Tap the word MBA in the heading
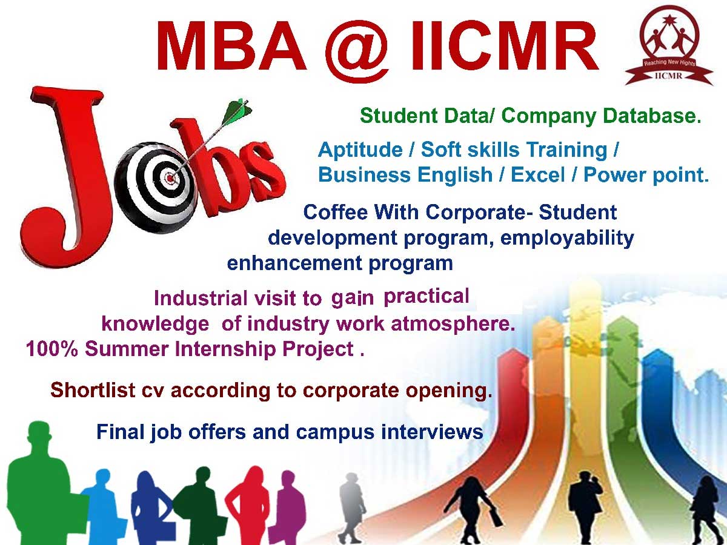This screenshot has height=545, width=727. click(231, 47)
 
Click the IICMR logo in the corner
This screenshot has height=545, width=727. click(669, 46)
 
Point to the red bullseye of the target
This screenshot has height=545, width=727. click(170, 179)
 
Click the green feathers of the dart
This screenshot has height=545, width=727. click(236, 111)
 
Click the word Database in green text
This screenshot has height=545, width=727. click(651, 116)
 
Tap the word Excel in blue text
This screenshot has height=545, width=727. click(537, 174)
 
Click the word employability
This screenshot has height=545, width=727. click(566, 238)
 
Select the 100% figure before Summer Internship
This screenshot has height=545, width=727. click(52, 349)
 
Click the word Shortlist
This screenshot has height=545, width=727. click(93, 390)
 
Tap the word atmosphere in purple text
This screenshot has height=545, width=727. click(453, 324)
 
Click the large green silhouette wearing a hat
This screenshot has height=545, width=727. click(43, 483)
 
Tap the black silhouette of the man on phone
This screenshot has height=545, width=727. click(586, 506)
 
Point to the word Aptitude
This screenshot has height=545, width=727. click(360, 150)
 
